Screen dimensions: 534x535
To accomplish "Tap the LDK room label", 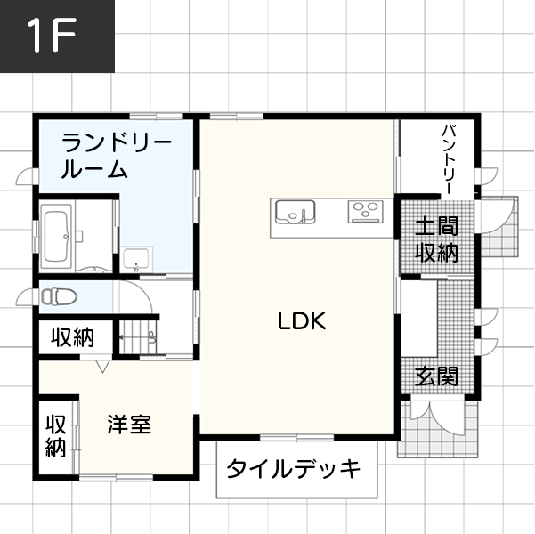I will (302, 321).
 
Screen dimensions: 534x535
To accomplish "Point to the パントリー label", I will (450, 161).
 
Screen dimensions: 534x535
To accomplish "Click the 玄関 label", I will (437, 376).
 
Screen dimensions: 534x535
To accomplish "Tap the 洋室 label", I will (129, 425).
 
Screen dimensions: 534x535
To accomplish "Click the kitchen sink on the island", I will (295, 214).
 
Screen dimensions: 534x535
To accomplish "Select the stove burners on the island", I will (363, 212).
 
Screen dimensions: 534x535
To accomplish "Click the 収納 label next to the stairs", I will (72, 337).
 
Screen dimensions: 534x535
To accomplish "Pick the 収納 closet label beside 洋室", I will (56, 435).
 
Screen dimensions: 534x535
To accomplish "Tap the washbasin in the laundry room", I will (137, 259).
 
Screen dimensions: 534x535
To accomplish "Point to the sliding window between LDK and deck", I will (296, 437).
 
